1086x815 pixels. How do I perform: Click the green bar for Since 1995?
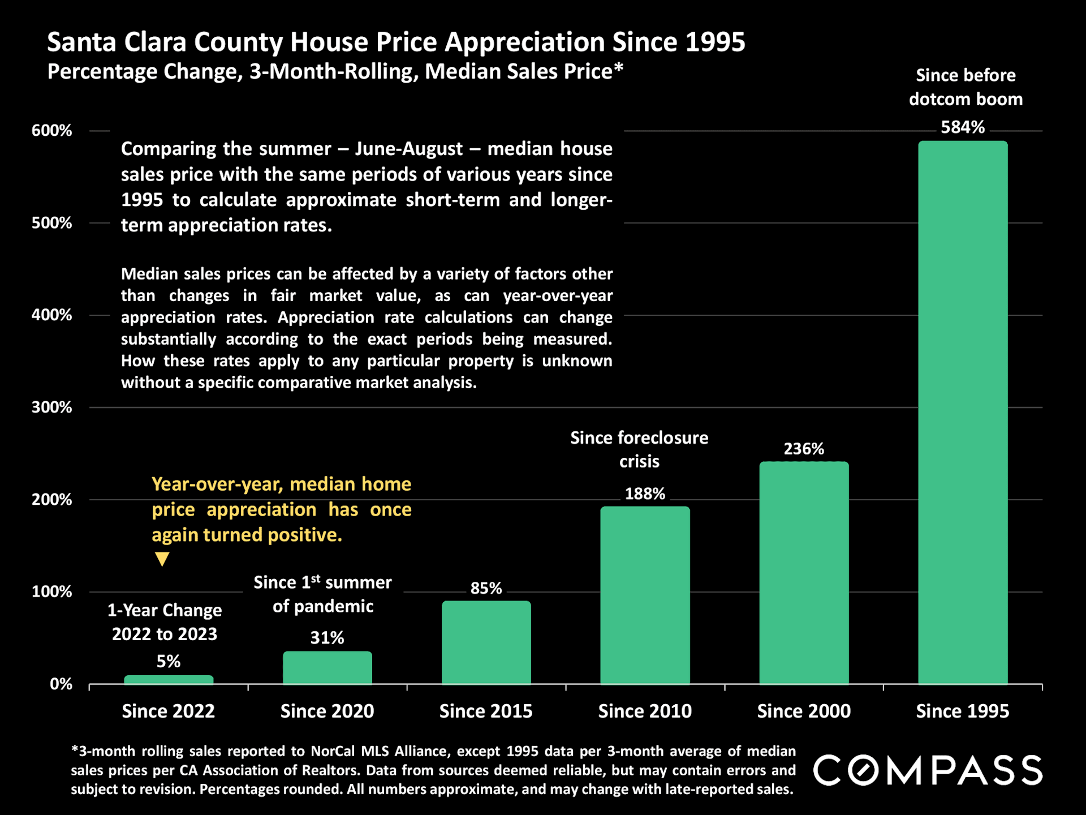tap(962, 413)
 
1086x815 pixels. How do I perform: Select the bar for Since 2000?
tap(803, 573)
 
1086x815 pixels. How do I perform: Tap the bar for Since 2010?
tap(645, 595)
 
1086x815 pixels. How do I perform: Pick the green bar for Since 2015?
tap(486, 642)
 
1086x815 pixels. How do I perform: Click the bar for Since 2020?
tap(327, 668)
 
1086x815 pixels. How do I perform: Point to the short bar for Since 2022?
tap(169, 680)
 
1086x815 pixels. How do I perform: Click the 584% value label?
tap(962, 127)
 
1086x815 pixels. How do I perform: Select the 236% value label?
tap(803, 449)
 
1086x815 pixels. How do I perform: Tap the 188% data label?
tap(645, 494)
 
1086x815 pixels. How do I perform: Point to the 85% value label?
tap(486, 588)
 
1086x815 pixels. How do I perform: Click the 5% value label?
tap(169, 661)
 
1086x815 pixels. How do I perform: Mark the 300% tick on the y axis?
tap(52, 407)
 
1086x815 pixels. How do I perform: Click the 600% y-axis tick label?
tap(52, 131)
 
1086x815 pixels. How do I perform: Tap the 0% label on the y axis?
tap(61, 684)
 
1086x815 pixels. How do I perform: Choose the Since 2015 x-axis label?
tap(486, 711)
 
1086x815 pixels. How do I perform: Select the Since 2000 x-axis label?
tap(803, 711)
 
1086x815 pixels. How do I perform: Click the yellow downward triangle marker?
tap(162, 559)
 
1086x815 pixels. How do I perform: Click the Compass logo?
tap(928, 770)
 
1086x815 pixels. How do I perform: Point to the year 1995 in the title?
tap(716, 42)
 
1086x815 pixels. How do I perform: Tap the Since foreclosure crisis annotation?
tap(639, 449)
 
